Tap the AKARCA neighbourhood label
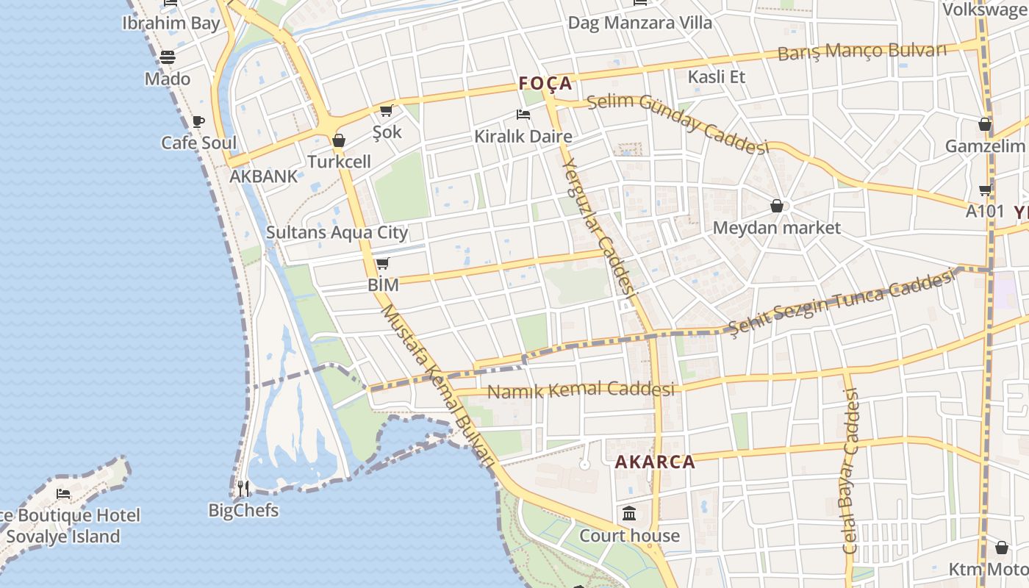(x=654, y=462)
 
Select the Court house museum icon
(x=629, y=513)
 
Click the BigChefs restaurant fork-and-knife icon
(x=243, y=488)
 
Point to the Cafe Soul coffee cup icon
(x=198, y=121)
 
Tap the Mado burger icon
(x=168, y=57)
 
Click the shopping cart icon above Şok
(x=386, y=111)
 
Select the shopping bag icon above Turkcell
(x=339, y=140)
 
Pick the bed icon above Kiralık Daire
(x=523, y=115)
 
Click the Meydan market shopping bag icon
(x=776, y=206)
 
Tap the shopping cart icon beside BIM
(x=381, y=264)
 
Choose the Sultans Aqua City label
(x=337, y=233)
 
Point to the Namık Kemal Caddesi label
(x=581, y=390)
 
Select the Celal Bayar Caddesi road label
(x=850, y=471)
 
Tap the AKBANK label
(x=264, y=176)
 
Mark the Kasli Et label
(x=716, y=76)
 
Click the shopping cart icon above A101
(x=985, y=190)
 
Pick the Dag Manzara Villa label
(x=639, y=23)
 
